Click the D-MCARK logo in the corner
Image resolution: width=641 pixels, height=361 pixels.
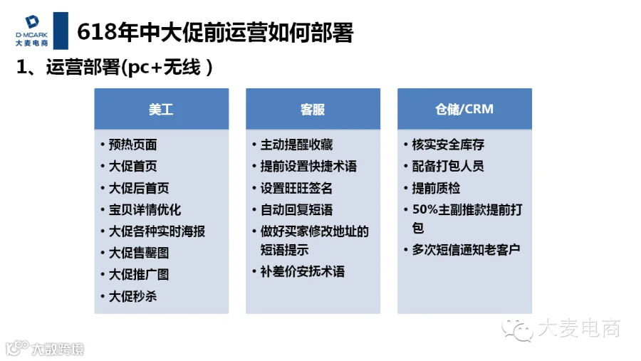31,30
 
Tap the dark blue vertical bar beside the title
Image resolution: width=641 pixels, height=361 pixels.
61,31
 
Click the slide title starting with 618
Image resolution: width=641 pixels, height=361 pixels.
215,32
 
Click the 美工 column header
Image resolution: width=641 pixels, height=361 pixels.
161,109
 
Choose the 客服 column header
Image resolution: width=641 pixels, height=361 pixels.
313,109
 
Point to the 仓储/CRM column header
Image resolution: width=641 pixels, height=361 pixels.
464,109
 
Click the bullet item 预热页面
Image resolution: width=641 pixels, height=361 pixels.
133,145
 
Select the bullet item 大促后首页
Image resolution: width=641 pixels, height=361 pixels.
139,188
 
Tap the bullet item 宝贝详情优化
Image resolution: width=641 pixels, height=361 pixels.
145,210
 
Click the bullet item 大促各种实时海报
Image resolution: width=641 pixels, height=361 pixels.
157,231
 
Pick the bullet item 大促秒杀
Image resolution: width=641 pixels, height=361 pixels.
133,296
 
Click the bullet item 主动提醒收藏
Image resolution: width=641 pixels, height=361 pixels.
297,145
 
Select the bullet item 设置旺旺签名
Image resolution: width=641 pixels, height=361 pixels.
297,188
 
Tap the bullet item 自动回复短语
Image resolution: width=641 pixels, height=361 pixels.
297,210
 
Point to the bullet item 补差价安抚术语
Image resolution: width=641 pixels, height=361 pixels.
303,271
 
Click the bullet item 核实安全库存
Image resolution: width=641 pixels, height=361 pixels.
449,145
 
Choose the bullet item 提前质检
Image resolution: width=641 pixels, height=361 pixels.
436,188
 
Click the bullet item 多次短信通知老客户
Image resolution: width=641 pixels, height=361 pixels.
466,249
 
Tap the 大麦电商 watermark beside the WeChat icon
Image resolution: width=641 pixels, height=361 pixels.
579,328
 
